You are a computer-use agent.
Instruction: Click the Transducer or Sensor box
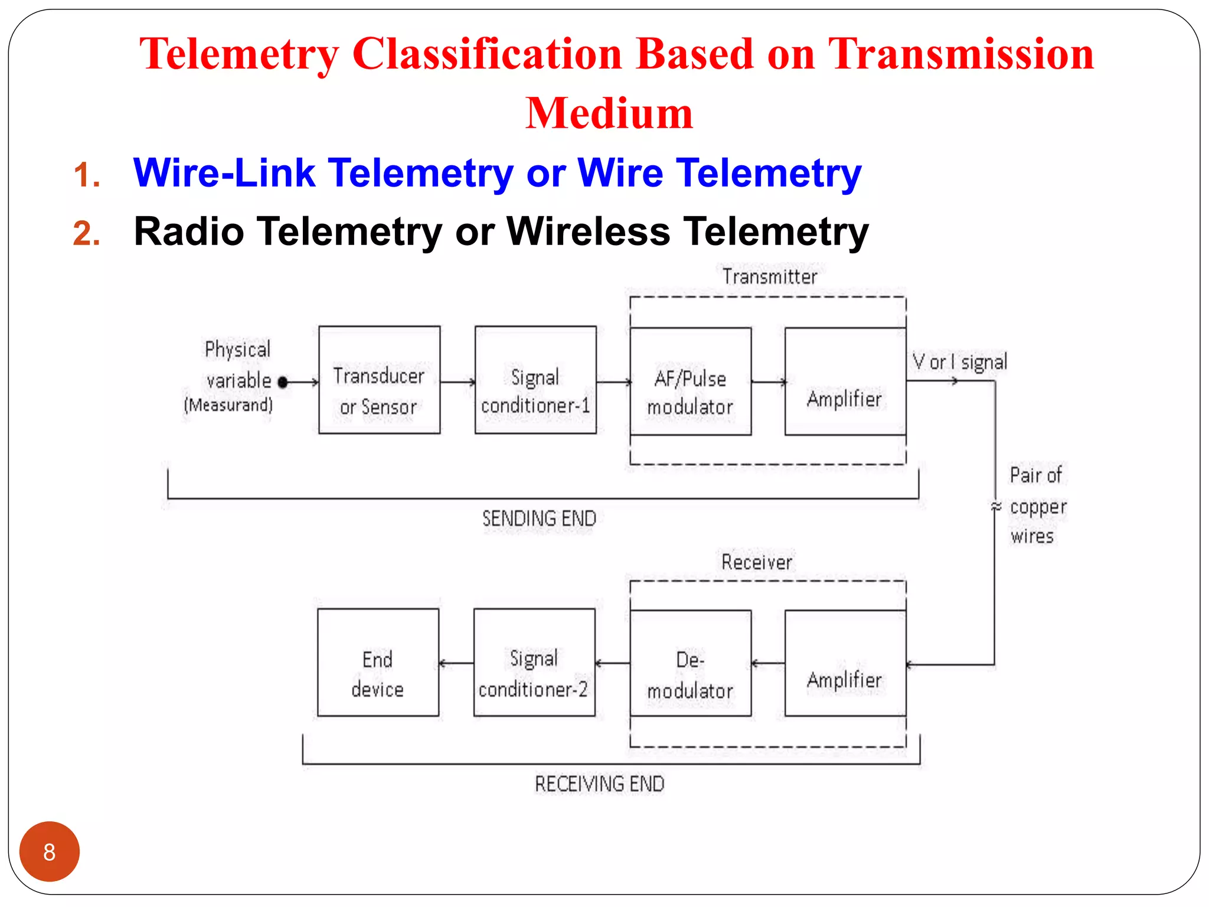(379, 380)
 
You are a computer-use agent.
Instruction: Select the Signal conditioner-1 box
(535, 380)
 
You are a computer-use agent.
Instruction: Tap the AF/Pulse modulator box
(690, 381)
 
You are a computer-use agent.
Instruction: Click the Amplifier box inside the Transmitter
(845, 381)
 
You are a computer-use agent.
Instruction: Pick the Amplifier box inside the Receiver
(845, 663)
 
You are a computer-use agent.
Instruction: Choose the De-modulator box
(690, 663)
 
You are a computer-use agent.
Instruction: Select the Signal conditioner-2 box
(534, 663)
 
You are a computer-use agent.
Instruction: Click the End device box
(378, 663)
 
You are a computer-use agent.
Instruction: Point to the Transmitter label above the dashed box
(770, 276)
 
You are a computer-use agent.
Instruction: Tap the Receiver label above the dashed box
(757, 562)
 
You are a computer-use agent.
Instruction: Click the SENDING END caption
(539, 518)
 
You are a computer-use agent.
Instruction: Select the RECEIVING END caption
(599, 784)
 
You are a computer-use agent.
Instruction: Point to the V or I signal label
(959, 361)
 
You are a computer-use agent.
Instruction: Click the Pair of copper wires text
(1037, 506)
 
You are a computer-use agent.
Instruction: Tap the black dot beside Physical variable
(283, 382)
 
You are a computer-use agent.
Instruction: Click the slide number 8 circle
(50, 851)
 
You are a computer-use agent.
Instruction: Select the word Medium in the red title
(609, 113)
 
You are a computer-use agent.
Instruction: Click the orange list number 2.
(87, 233)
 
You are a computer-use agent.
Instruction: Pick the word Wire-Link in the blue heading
(224, 173)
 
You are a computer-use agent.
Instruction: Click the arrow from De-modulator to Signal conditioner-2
(613, 663)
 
